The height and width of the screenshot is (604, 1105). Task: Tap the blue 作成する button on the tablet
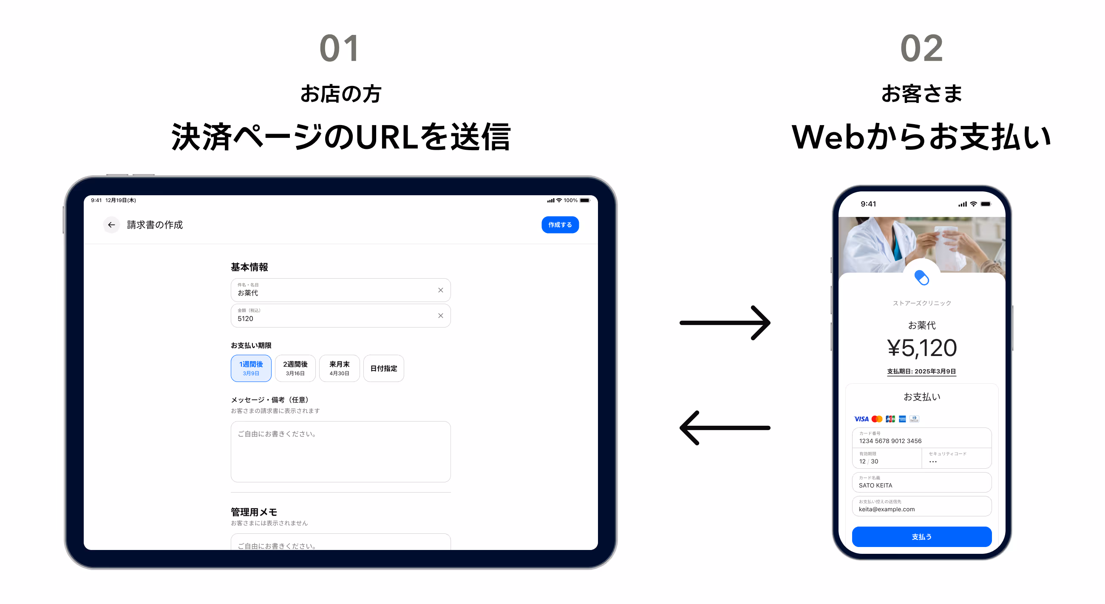tap(559, 225)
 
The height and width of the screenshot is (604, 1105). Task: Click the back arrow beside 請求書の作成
tap(111, 225)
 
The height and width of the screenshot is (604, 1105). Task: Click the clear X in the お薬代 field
tap(440, 290)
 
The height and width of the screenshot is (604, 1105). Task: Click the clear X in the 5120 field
tap(440, 316)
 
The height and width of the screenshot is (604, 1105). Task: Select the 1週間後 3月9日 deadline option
tap(251, 368)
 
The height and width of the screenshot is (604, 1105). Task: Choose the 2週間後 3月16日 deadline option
tap(295, 368)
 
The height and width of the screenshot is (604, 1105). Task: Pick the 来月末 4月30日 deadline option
tap(339, 368)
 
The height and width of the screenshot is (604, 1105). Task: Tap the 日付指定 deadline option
tap(383, 368)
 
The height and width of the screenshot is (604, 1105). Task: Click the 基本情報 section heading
tap(249, 267)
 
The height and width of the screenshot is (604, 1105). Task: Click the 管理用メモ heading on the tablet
tap(254, 512)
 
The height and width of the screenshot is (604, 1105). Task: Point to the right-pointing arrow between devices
tap(725, 322)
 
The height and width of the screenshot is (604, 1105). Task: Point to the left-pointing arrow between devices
tap(725, 427)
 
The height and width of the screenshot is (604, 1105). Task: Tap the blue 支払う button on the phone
tap(921, 536)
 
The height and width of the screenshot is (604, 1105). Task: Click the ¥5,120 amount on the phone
tap(921, 347)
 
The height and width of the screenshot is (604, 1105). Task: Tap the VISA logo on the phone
tap(861, 419)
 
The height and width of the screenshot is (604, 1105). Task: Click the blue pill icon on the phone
tap(921, 278)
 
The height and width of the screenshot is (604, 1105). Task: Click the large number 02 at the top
tap(921, 48)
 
